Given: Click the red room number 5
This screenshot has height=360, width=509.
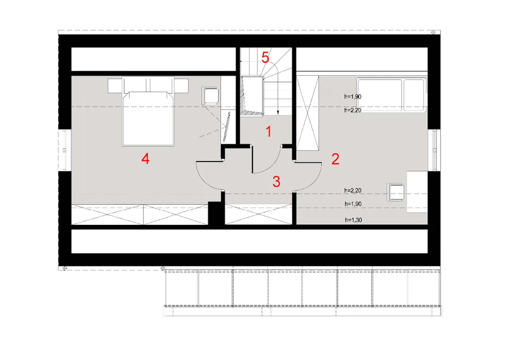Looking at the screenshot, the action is point(265,57).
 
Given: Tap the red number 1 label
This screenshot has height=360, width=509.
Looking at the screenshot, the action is point(269,131).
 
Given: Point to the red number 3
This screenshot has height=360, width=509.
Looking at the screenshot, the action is point(276,181).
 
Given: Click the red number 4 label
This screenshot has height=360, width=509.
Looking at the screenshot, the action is point(146,158).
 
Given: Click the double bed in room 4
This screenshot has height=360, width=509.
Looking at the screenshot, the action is point(148,111).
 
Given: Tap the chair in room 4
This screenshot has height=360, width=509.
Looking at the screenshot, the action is point(210,95).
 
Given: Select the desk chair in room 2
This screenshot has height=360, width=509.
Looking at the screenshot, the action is point(396,192).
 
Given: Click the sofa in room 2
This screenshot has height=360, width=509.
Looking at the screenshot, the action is point(391,95).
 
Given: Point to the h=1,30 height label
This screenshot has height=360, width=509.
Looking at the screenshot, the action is point(354,220).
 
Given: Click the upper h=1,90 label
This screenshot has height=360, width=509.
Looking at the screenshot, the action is point(353,97).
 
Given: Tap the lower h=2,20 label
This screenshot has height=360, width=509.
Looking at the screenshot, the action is point(353,190).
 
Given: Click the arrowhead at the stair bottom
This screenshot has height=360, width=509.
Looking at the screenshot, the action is point(278,112).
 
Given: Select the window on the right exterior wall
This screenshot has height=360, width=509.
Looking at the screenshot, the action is point(434,150).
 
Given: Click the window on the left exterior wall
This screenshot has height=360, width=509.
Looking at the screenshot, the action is point(65,150).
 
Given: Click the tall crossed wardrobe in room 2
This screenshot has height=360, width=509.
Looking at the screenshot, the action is point(307,113).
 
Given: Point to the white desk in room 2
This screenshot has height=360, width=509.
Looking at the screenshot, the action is point(417,192).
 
